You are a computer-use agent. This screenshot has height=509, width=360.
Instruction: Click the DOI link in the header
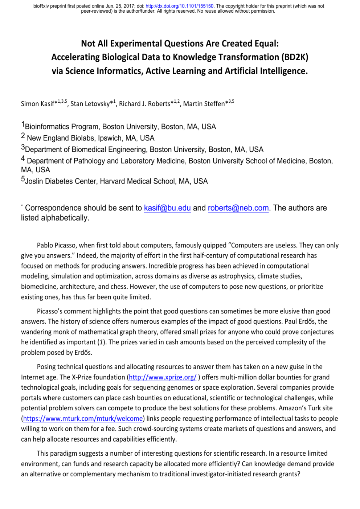(x=179, y=6)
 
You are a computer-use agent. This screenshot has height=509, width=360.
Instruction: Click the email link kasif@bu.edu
(x=167, y=208)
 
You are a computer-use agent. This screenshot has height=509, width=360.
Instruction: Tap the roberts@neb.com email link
(x=238, y=208)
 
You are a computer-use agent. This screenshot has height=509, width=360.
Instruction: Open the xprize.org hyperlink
(x=163, y=377)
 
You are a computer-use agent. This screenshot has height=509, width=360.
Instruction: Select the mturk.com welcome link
(x=83, y=419)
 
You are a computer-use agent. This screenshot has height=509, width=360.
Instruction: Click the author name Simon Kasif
(x=37, y=104)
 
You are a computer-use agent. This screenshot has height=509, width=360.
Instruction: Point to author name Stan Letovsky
(x=90, y=104)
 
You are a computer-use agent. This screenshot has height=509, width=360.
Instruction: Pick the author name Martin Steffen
(x=204, y=104)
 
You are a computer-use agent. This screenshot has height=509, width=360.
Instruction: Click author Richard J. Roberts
(x=144, y=104)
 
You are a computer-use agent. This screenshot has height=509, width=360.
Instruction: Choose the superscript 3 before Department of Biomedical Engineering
(x=23, y=147)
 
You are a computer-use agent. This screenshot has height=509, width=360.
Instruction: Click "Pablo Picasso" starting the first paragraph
(x=56, y=246)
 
